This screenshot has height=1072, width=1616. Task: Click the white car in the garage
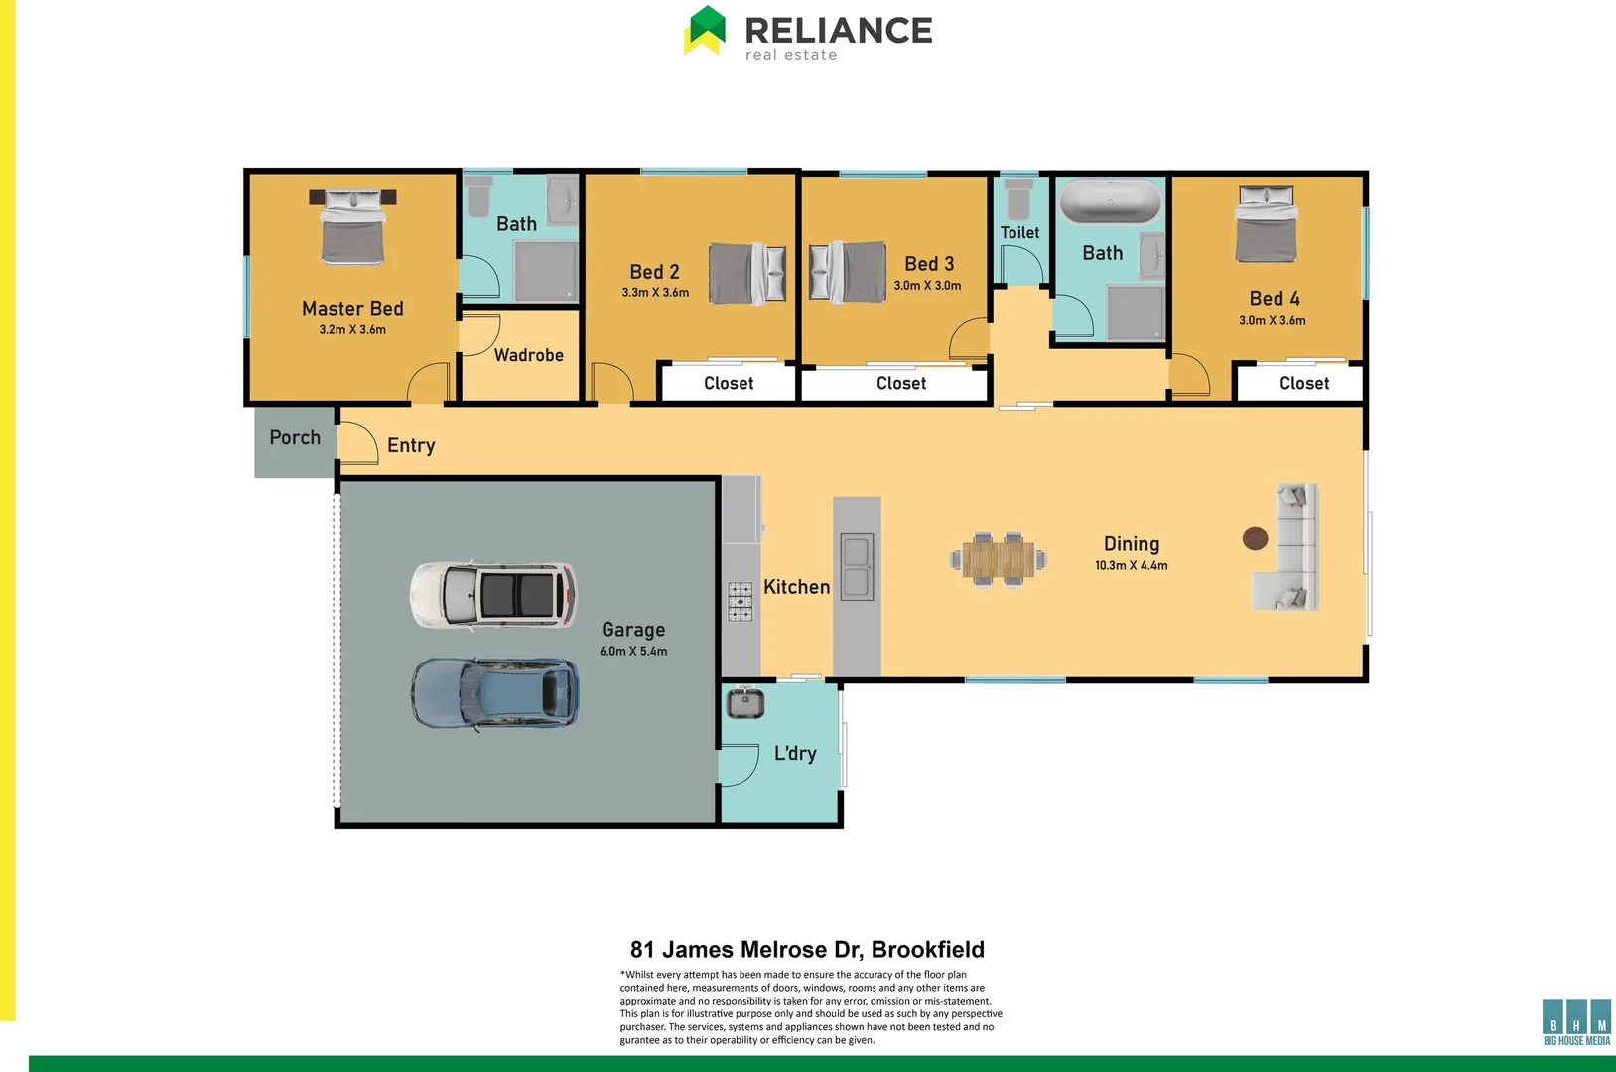click(x=493, y=596)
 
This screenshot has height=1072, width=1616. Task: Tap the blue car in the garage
click(x=495, y=693)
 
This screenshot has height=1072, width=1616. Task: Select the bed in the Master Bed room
click(x=352, y=227)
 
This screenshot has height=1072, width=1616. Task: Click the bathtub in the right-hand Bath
click(x=1110, y=202)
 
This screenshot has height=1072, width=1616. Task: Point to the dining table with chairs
click(x=998, y=559)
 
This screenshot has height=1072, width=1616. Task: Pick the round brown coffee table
click(x=1255, y=538)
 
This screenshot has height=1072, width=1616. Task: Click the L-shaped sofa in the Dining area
click(x=1290, y=548)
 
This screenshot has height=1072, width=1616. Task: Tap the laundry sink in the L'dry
click(x=744, y=703)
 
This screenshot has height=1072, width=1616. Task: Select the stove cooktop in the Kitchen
click(x=741, y=602)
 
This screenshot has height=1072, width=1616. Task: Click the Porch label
click(x=295, y=438)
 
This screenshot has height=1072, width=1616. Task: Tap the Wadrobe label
click(x=528, y=355)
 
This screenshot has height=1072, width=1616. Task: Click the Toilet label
click(x=1019, y=233)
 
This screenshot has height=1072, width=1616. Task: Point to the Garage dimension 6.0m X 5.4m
click(x=633, y=652)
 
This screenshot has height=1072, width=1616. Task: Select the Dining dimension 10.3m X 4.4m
click(x=1131, y=566)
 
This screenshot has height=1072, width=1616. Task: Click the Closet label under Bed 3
click(x=900, y=384)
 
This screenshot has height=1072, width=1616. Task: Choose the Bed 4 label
click(x=1274, y=299)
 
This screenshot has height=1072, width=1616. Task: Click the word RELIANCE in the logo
click(x=839, y=30)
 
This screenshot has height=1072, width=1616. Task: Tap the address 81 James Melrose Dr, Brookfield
click(x=807, y=950)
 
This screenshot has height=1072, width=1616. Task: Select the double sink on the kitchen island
click(x=857, y=567)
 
